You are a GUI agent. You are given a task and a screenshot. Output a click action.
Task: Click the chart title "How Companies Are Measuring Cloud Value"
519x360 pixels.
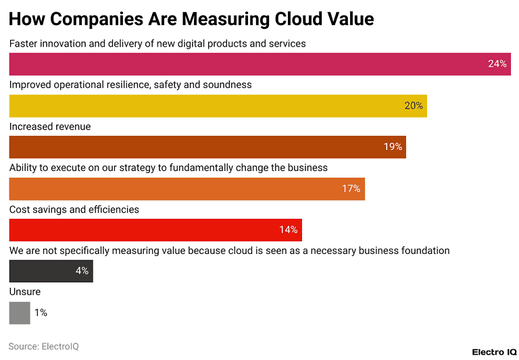[191, 18]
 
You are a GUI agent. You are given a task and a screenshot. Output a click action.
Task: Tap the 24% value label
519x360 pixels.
[497, 64]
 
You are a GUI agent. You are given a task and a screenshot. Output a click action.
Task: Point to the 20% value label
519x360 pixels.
[414, 106]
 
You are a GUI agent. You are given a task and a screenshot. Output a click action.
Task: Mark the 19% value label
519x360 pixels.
[393, 147]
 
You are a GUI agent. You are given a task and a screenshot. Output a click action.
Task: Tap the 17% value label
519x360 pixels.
[351, 189]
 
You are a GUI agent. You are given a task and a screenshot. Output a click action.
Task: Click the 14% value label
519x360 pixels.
[288, 230]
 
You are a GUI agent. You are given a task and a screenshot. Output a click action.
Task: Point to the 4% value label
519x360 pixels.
[82, 272]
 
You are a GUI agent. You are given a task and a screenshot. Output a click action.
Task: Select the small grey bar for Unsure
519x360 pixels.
[20, 313]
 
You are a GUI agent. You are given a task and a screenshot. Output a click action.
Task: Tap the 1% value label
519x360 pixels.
[41, 313]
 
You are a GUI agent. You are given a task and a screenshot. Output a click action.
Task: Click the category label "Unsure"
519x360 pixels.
[25, 292]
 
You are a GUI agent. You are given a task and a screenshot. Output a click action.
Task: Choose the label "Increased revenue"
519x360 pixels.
[50, 126]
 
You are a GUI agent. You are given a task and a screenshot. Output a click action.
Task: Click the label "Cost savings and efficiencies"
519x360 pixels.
[74, 209]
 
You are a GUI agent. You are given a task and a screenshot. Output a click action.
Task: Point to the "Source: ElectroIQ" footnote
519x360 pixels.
[44, 346]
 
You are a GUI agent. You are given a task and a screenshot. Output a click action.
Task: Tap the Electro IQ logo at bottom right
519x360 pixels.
[494, 352]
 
